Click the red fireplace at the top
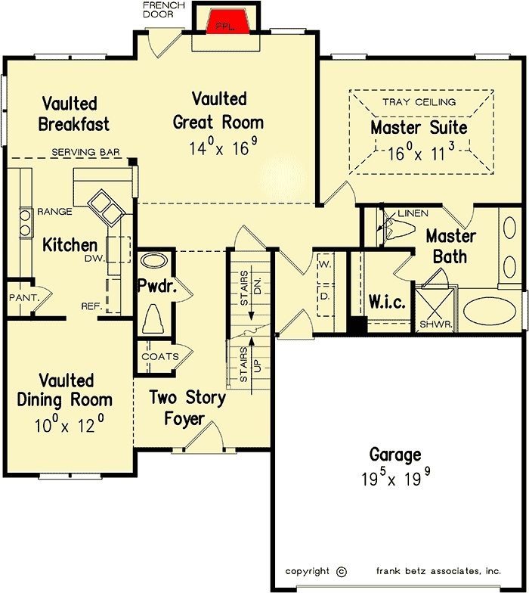pos(228,23)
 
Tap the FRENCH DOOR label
pos(163,10)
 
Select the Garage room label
pos(395,455)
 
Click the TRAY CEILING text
pos(419,102)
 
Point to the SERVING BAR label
pos(86,153)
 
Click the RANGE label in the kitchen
pos(54,212)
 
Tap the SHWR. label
pos(436,324)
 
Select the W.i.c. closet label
pos(387,302)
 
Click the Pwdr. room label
pos(157,286)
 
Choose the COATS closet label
pos(160,357)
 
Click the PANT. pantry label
pos(24,298)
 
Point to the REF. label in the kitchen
pos(92,306)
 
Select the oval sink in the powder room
pos(154,261)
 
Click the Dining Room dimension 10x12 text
pos(70,424)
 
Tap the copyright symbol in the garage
pos(342,572)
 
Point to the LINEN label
pos(413,213)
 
